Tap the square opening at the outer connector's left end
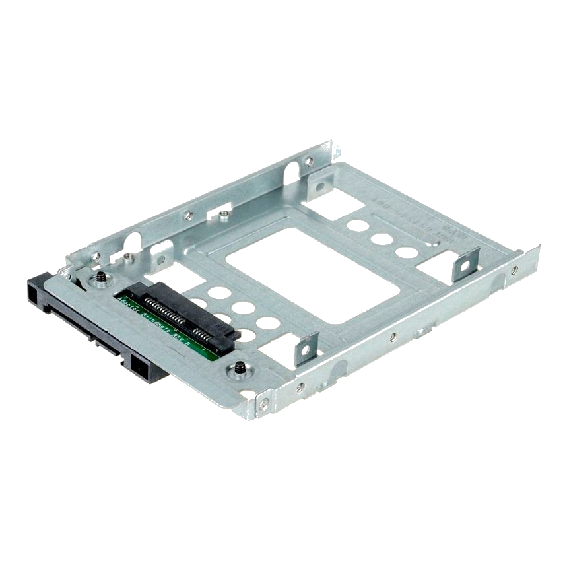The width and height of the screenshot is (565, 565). click(x=36, y=288)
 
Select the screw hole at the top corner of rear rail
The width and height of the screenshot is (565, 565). click(x=308, y=160)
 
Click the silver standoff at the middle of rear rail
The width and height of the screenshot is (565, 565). click(x=224, y=213)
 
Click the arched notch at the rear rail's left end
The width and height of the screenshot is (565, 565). click(x=132, y=244)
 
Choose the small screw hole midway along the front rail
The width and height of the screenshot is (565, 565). click(x=393, y=337)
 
